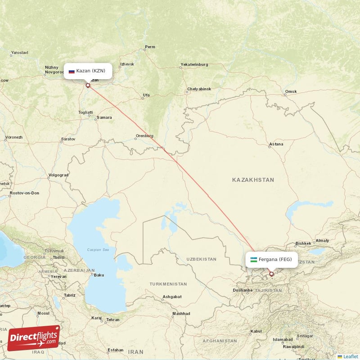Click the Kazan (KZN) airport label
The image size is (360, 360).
click(x=88, y=71)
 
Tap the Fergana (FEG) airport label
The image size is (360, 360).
click(x=272, y=259)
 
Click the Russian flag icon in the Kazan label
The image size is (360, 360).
click(x=72, y=71)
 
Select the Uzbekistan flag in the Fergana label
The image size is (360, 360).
click(x=254, y=260)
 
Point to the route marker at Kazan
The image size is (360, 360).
click(x=88, y=85)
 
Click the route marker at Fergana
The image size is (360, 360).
click(x=271, y=274)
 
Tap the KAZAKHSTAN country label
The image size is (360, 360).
click(x=253, y=180)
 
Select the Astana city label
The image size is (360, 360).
click(x=276, y=144)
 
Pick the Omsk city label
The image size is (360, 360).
click(x=291, y=92)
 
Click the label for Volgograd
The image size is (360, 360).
click(x=58, y=175)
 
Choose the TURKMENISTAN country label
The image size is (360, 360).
click(x=168, y=284)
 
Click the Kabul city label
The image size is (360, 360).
click(x=256, y=331)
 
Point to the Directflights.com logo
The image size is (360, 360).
click(x=33, y=338)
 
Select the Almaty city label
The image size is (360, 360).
click(x=322, y=241)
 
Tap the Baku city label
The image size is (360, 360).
click(x=99, y=275)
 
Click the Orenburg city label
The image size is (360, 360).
click(x=144, y=136)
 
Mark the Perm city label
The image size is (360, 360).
click(x=150, y=47)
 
